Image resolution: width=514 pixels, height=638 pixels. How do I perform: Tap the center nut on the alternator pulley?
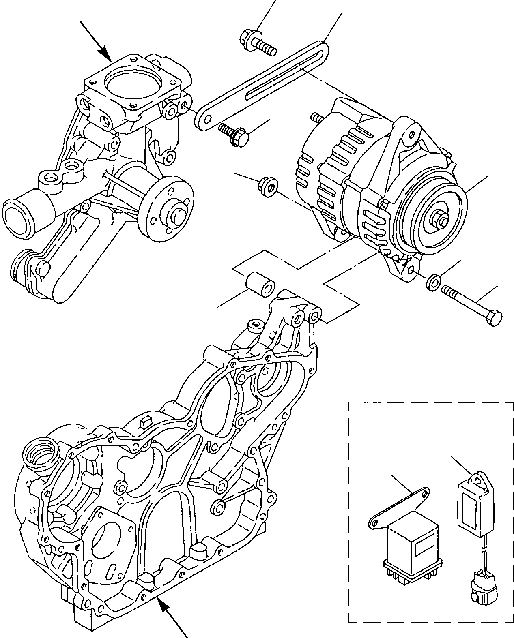click(439, 219)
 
